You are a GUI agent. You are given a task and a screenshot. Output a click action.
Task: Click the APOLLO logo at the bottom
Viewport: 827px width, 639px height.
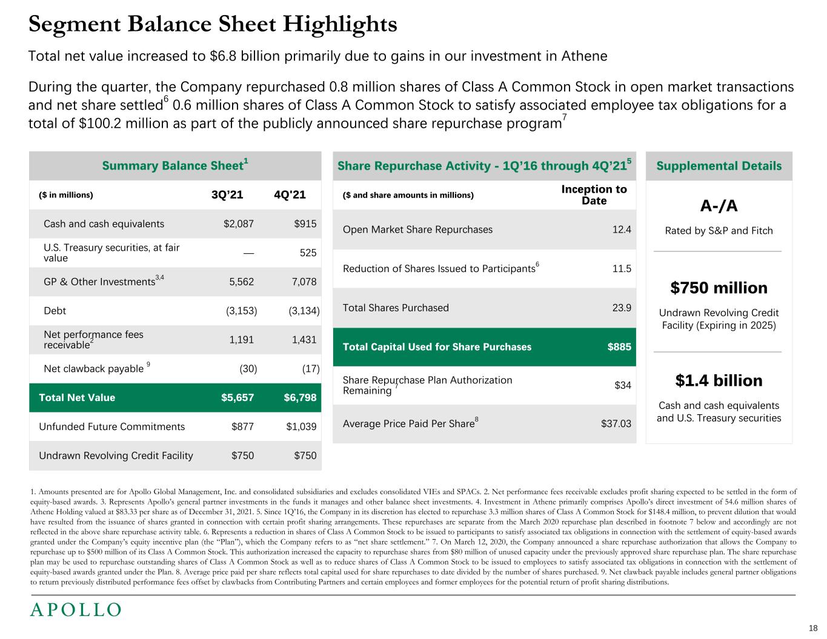(76, 610)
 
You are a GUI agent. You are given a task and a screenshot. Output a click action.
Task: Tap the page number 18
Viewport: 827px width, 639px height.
(813, 628)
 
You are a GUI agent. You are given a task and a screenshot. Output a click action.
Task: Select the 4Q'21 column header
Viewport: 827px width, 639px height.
(290, 195)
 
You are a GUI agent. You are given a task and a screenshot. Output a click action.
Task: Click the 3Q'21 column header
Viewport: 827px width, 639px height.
(227, 195)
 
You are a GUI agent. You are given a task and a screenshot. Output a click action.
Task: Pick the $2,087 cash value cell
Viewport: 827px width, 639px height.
(239, 224)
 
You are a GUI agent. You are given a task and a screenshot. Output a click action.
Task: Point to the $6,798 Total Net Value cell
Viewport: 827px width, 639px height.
(300, 397)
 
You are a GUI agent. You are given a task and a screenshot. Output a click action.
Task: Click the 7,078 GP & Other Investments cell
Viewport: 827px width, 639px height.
(304, 282)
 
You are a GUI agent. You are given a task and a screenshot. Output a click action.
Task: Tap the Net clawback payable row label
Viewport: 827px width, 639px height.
(94, 369)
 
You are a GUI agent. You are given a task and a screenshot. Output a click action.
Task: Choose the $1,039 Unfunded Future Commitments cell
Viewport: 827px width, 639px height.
(301, 426)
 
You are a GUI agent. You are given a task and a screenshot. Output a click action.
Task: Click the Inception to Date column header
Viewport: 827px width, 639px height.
(594, 195)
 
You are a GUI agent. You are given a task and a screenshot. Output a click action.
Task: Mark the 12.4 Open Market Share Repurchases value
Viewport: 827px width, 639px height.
(622, 230)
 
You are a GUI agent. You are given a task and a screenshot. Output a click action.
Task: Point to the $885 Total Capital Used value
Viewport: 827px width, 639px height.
(619, 347)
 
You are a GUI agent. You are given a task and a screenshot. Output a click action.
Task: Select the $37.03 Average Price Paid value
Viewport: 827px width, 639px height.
(616, 423)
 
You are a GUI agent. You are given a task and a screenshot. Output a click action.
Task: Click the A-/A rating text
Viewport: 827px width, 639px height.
(719, 207)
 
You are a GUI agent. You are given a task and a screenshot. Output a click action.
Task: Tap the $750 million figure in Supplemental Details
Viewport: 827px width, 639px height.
(719, 288)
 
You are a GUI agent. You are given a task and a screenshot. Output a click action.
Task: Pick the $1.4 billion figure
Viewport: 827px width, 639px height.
(719, 380)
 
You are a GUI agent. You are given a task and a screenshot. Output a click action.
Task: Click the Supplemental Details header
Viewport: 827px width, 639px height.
(719, 166)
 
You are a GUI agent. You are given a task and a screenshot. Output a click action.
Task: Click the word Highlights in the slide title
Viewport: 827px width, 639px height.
(339, 24)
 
